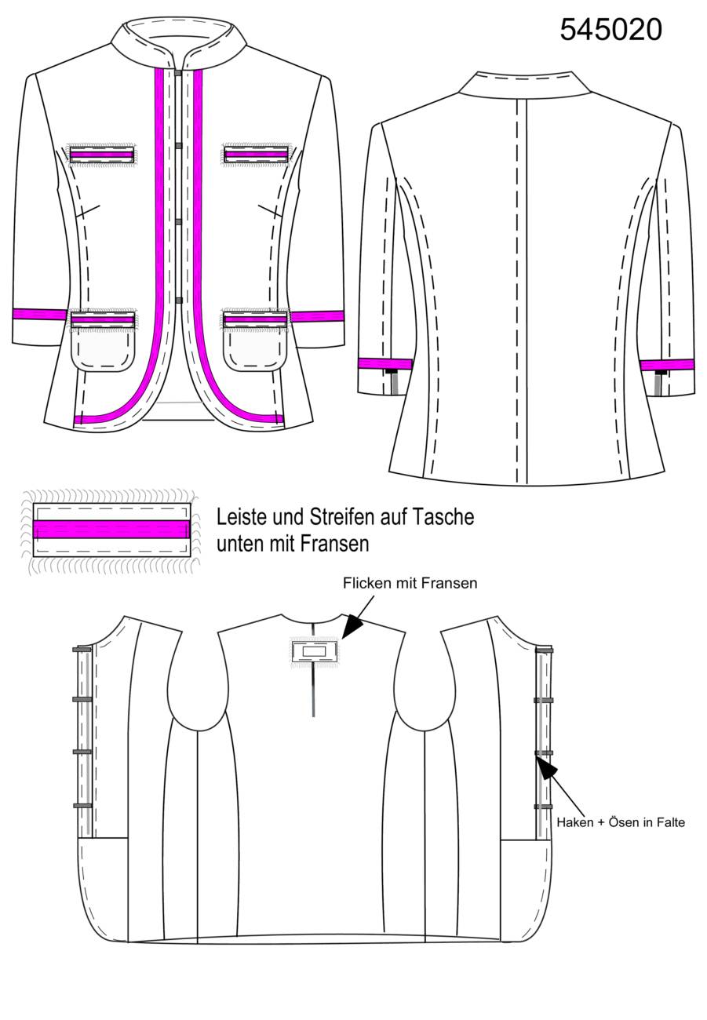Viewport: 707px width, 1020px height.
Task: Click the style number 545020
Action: [610, 30]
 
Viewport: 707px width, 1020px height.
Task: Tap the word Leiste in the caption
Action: [242, 517]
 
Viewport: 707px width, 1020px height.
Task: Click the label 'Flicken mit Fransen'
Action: [410, 583]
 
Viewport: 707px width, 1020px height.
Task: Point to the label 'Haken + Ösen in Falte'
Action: [621, 822]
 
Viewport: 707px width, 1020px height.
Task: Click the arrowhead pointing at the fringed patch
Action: [352, 625]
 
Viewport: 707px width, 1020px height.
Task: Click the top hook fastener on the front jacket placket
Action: [178, 73]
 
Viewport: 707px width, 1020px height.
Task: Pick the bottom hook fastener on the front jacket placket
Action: [178, 301]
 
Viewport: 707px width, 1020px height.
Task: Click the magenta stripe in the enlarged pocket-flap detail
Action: [111, 529]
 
